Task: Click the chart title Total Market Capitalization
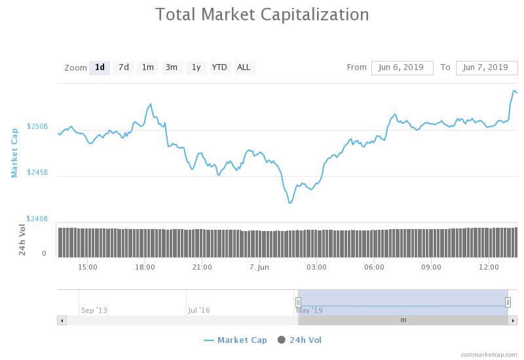pos(262,14)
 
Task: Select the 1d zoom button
pos(100,67)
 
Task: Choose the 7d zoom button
pos(124,67)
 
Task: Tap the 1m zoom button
pos(148,67)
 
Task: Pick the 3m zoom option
pos(172,67)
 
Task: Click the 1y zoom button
pos(196,67)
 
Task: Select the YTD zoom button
pos(219,67)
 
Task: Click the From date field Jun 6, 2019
pos(402,67)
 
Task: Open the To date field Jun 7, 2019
pos(485,67)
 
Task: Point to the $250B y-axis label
pos(37,126)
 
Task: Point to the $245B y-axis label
pos(37,172)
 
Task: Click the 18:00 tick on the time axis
pos(145,267)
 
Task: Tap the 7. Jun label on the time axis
pos(259,267)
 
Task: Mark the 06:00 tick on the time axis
pos(374,267)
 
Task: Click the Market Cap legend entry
pos(235,340)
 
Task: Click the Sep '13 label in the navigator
pos(94,310)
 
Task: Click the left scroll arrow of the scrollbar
pos(62,320)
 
